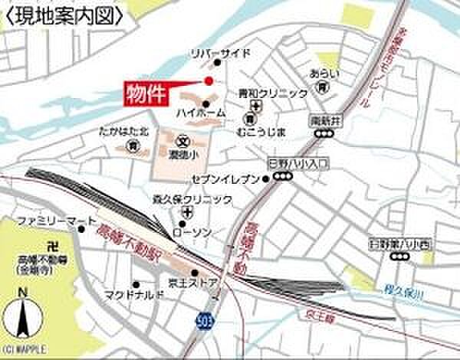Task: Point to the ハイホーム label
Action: coord(200,113)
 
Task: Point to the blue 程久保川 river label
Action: coord(399,289)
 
